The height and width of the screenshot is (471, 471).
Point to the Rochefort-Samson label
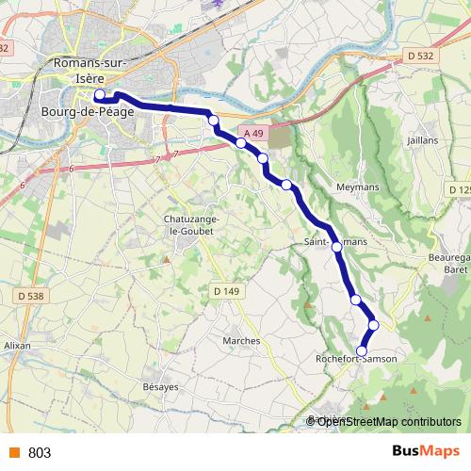(x=363, y=360)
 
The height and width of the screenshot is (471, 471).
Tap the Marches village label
(x=241, y=340)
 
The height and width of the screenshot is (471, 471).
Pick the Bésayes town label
(x=159, y=387)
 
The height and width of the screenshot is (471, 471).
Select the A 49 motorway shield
(x=251, y=135)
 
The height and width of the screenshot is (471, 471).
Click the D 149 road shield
(x=227, y=291)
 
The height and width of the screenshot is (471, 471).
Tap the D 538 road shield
(x=31, y=297)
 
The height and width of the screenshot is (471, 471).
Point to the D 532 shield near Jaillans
(x=421, y=57)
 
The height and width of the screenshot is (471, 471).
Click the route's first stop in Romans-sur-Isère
(x=100, y=95)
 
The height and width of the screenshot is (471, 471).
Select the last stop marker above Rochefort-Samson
(x=362, y=350)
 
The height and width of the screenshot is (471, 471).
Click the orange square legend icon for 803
(x=14, y=452)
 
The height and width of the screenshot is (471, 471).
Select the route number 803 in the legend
(x=40, y=452)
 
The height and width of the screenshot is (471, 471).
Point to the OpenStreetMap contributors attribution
(x=388, y=422)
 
